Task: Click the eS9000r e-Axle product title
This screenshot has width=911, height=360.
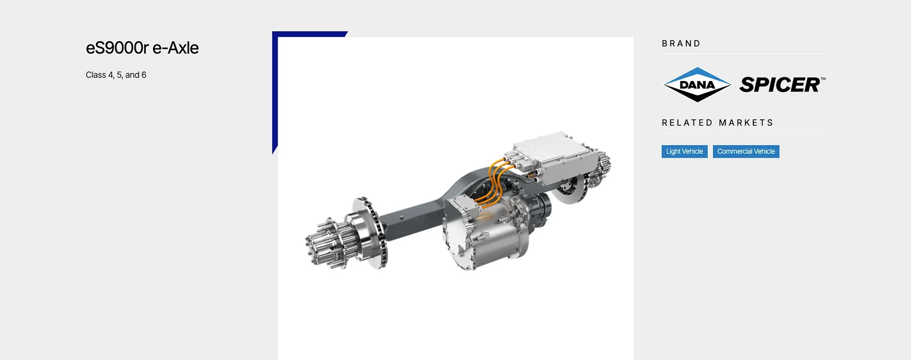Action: pos(142,48)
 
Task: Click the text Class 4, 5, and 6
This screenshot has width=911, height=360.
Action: pos(116,75)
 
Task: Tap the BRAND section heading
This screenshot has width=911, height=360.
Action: pos(681,44)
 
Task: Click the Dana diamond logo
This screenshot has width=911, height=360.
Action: pos(697,85)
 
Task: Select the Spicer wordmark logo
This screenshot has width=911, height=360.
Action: pos(780,85)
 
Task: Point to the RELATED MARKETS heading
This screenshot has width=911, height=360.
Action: pos(717,123)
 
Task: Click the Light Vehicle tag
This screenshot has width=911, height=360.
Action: pos(684,151)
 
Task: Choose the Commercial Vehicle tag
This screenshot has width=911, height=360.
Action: pos(746,151)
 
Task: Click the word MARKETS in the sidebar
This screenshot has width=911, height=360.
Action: pos(746,123)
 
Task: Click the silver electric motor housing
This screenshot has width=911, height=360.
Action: pos(489,235)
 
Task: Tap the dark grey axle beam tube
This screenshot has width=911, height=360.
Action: pos(412,218)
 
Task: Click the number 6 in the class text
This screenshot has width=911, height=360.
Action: pos(144,75)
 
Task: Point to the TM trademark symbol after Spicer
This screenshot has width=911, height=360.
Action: pos(823,78)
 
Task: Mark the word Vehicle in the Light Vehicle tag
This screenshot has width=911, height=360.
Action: pos(692,151)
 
